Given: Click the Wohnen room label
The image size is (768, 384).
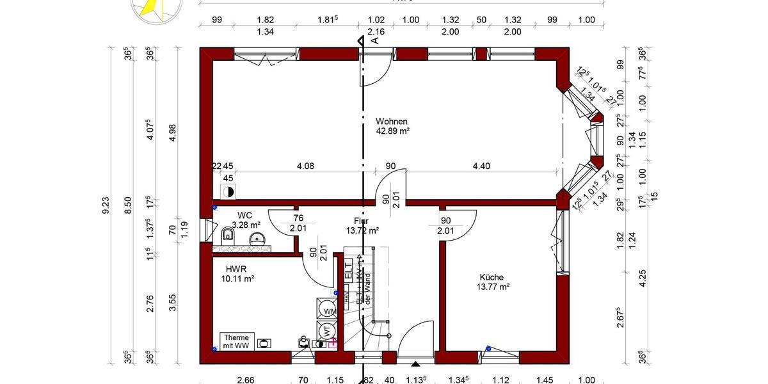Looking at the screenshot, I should (x=392, y=121).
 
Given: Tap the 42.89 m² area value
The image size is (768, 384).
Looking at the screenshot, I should (x=392, y=131).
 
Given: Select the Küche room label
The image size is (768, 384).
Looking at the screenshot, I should (x=492, y=277).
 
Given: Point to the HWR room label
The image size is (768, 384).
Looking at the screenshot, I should (x=236, y=269).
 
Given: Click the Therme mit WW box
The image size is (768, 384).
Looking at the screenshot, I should (x=237, y=340).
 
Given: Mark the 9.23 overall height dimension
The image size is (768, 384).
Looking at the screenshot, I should (x=106, y=205).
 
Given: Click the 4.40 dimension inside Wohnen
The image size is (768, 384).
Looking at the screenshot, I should (x=481, y=166).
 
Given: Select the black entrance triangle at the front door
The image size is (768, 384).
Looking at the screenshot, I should (x=416, y=364).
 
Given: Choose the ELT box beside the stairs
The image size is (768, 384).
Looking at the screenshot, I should (x=348, y=271).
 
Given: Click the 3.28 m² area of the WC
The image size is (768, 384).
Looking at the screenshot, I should (x=246, y=225).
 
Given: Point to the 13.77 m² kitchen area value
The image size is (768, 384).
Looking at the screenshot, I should (x=493, y=287).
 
